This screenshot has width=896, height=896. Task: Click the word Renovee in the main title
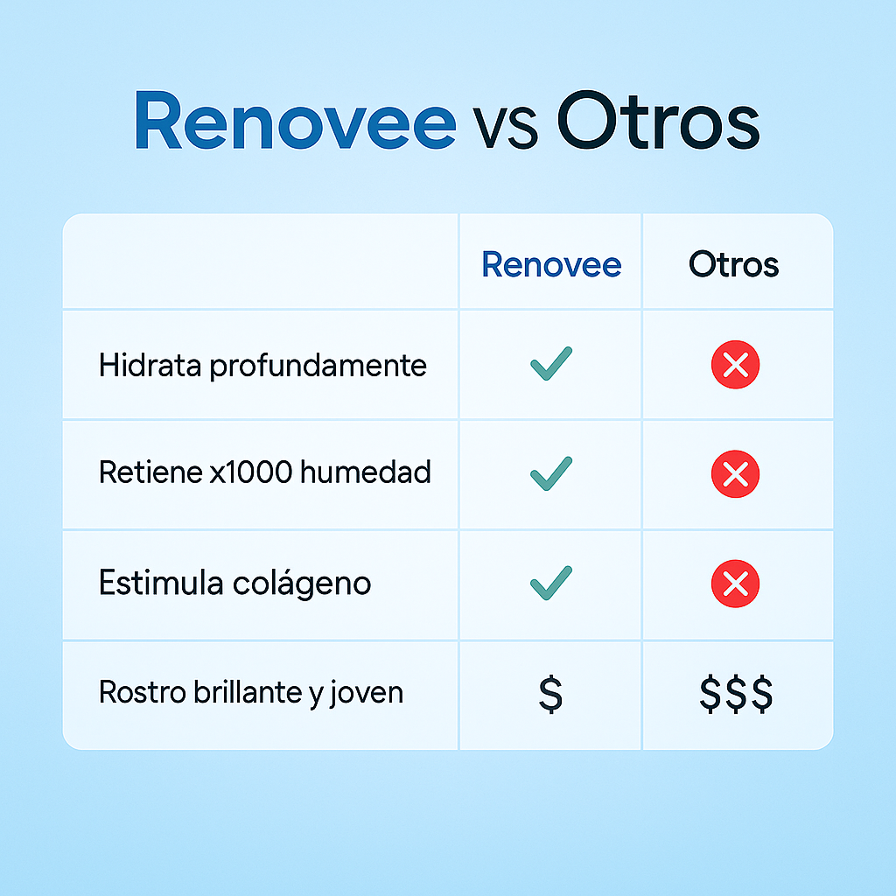pos(295,122)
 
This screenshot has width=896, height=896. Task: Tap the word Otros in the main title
pos(658,122)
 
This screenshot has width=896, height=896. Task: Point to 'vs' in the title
pos(506,128)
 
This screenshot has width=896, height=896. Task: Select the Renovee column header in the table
pos(551,264)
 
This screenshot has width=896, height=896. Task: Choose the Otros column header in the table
pos(733,264)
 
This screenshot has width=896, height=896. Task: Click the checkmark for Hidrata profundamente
pos(551,364)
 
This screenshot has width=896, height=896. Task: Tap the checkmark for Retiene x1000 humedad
pos(551,474)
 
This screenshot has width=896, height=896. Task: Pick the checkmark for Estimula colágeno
pos(551,584)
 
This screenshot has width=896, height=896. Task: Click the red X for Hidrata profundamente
pos(736,365)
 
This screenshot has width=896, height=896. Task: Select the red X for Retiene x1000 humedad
pos(736,474)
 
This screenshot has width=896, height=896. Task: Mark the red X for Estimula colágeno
pos(736,584)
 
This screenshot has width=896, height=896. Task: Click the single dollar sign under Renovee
pos(550,693)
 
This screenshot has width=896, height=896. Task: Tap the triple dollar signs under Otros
pos(736,693)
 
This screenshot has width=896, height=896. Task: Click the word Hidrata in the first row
pos(150,365)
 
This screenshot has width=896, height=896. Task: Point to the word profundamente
pos(318,366)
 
